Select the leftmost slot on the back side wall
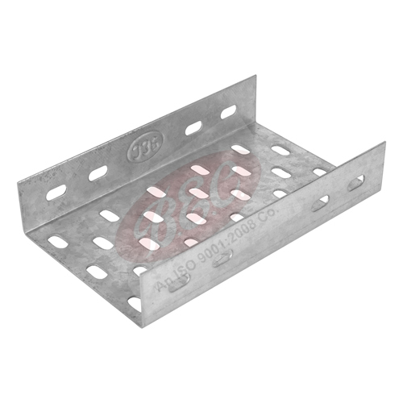pos(56,193)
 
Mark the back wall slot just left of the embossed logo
pos(98,172)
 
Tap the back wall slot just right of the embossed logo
pos(193,127)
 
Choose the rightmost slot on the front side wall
pos(355,183)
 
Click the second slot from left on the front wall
pos(223,256)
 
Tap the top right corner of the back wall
pos(256,77)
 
